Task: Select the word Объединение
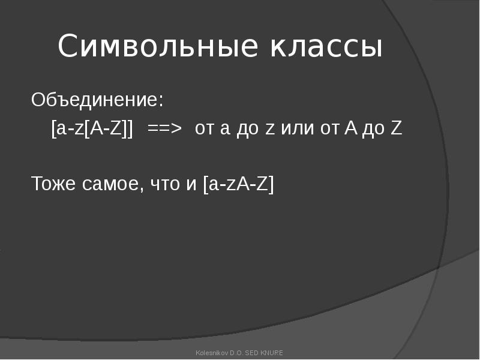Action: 95,100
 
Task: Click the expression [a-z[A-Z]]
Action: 92,128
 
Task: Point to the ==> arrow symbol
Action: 164,128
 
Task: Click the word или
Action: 297,128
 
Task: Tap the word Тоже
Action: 53,184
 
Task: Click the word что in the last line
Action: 165,184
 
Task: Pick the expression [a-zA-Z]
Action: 238,184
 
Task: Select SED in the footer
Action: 252,353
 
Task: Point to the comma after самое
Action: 141,188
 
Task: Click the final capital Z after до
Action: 396,128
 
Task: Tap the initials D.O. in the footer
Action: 236,353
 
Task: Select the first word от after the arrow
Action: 204,128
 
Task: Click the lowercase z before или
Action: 269,129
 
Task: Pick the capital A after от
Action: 351,128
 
